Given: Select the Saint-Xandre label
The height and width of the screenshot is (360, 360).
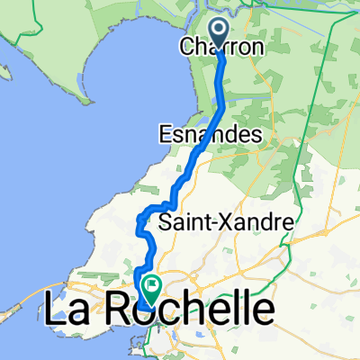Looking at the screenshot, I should [214, 220].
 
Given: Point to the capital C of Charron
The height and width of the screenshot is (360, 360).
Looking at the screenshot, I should [187, 46].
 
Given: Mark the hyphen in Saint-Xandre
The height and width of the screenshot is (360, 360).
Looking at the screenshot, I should [206, 222].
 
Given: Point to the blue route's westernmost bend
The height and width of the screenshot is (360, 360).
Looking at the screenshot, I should [139, 220].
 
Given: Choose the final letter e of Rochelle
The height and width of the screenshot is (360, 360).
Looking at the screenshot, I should [262, 312].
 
